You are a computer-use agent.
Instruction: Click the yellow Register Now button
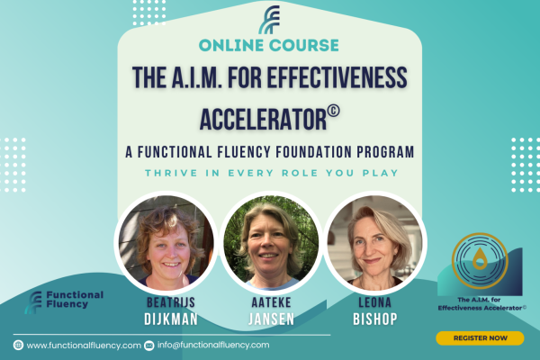pos(480,338)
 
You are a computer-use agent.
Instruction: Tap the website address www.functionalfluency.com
pos(84,346)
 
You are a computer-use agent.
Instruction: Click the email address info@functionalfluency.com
pos(213,345)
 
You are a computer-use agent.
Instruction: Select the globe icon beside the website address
pos(18,345)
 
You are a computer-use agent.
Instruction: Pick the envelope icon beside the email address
pos(148,346)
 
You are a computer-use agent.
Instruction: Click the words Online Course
pos(268,45)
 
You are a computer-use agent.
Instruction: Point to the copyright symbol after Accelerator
pos(333,111)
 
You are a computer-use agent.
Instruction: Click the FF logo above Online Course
pos(269,20)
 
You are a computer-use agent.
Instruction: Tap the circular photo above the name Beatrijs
pos(166,242)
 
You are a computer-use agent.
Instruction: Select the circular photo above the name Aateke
pos(271,242)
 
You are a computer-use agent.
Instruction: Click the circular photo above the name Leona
pos(375,242)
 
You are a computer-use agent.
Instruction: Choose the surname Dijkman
pos(171,319)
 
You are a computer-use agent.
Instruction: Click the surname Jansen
pos(272,319)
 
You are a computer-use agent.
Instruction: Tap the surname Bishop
pos(375,319)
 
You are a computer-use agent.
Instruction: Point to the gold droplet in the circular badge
pos(480,259)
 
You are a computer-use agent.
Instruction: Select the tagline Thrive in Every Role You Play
pos(272,173)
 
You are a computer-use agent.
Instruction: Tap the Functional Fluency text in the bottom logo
pos(75,300)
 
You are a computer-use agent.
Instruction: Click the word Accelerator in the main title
pos(263,119)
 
